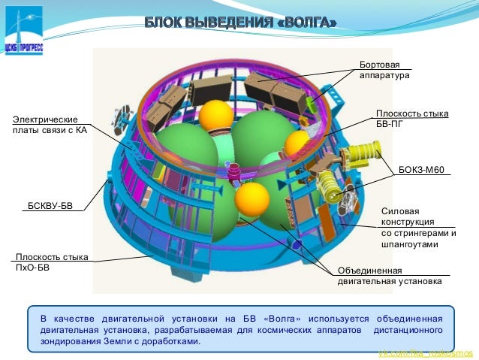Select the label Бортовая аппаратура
pos(384,71)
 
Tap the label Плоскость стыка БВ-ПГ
pos(411,119)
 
